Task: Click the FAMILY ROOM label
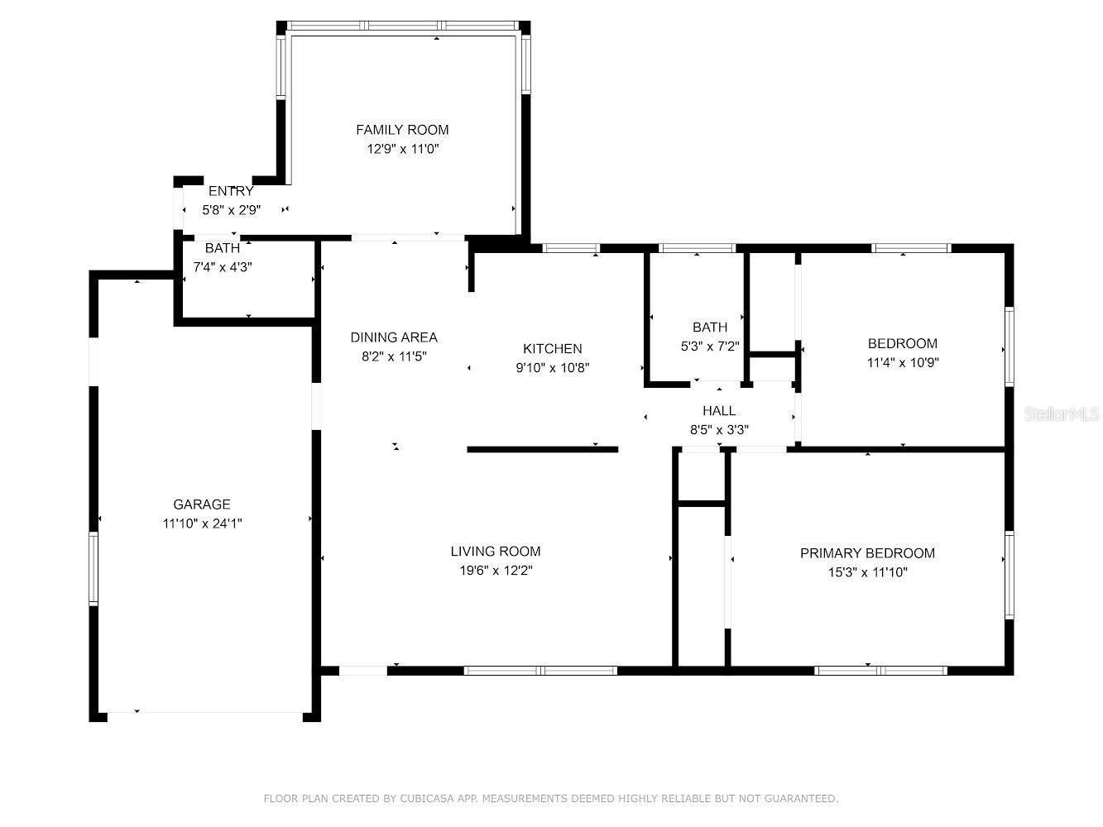click(x=402, y=130)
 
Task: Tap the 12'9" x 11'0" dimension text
click(x=402, y=149)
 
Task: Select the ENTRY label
click(x=231, y=191)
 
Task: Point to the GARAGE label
click(x=202, y=504)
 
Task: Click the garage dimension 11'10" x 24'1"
click(x=202, y=523)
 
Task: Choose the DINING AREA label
click(x=394, y=337)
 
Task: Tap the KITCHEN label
click(x=552, y=349)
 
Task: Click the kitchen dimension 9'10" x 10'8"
click(x=552, y=368)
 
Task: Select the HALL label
click(x=719, y=411)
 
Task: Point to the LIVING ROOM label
click(x=496, y=552)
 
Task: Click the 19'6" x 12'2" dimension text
click(x=496, y=571)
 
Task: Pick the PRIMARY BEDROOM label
click(x=867, y=554)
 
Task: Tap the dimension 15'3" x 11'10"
click(x=867, y=573)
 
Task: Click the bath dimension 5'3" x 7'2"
click(x=709, y=347)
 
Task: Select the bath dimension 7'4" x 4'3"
click(x=223, y=267)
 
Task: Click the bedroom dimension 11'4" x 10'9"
click(x=903, y=363)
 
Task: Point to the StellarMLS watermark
click(x=1062, y=414)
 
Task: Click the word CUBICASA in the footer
click(x=427, y=798)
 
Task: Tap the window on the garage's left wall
click(x=94, y=569)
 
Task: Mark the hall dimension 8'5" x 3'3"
click(x=719, y=430)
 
